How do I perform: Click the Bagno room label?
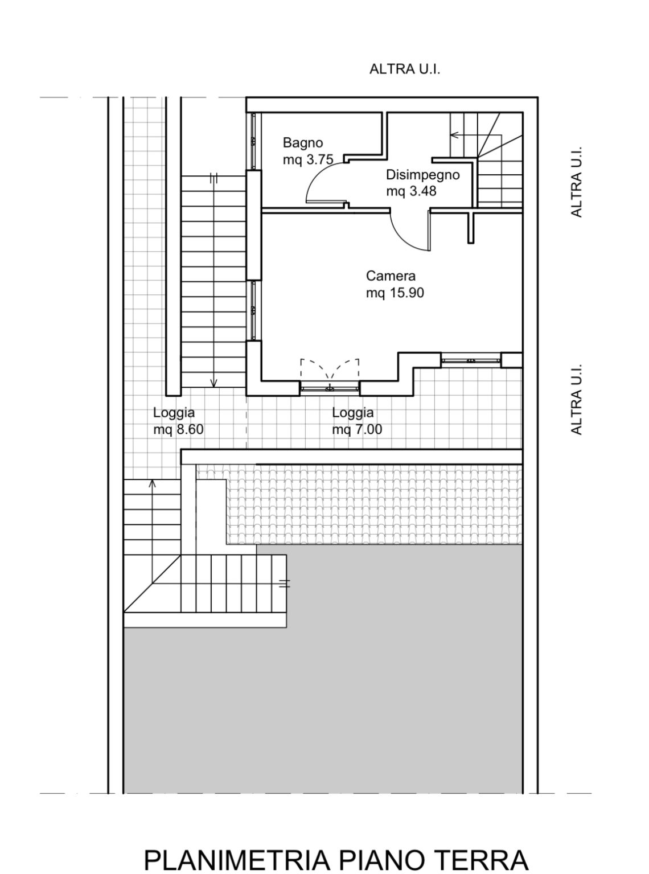(303, 142)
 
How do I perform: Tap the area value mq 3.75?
(308, 159)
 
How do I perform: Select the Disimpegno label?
(423, 175)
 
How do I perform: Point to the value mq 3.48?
(412, 191)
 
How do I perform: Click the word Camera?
(391, 276)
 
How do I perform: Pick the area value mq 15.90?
(395, 293)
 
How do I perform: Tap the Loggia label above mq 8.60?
(174, 413)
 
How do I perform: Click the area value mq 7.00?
(357, 429)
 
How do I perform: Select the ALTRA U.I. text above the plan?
(404, 69)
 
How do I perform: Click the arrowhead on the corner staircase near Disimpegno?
(454, 135)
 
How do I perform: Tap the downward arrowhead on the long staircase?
(213, 383)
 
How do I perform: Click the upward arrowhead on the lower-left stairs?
(152, 483)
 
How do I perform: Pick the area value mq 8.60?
(179, 429)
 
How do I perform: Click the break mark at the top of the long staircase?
(213, 178)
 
